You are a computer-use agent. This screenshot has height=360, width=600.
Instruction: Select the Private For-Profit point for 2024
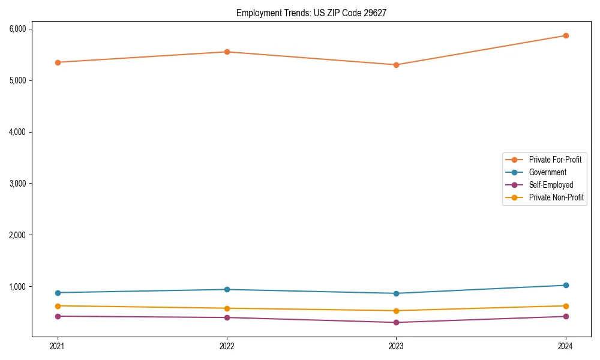[566, 35]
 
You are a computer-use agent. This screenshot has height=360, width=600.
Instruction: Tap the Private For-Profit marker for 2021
[58, 62]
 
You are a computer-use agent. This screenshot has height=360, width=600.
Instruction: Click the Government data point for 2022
[227, 290]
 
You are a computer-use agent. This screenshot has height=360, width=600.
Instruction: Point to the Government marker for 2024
[566, 285]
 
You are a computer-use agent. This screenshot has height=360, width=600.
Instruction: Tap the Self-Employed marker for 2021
[58, 316]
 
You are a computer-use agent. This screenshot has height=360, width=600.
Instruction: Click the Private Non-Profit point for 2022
[227, 308]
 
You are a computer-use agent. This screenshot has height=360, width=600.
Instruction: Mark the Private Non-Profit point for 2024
[566, 306]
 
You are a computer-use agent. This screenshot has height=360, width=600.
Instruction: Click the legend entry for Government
[547, 172]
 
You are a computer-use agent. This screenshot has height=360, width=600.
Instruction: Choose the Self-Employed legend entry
[551, 185]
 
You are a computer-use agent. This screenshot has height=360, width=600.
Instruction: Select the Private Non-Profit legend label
[556, 197]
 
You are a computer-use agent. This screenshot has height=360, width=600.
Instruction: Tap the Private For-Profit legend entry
[555, 160]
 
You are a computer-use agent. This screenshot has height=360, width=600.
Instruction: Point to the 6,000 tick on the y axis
[17, 29]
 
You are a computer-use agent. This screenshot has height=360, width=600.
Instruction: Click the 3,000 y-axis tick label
[17, 184]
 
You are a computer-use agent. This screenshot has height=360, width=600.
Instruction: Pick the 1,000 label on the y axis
[17, 287]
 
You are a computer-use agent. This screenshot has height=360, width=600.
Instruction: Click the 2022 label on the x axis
[227, 346]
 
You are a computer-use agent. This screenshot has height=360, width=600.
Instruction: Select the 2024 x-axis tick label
[566, 346]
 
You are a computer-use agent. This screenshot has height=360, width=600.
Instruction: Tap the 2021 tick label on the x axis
[58, 346]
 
